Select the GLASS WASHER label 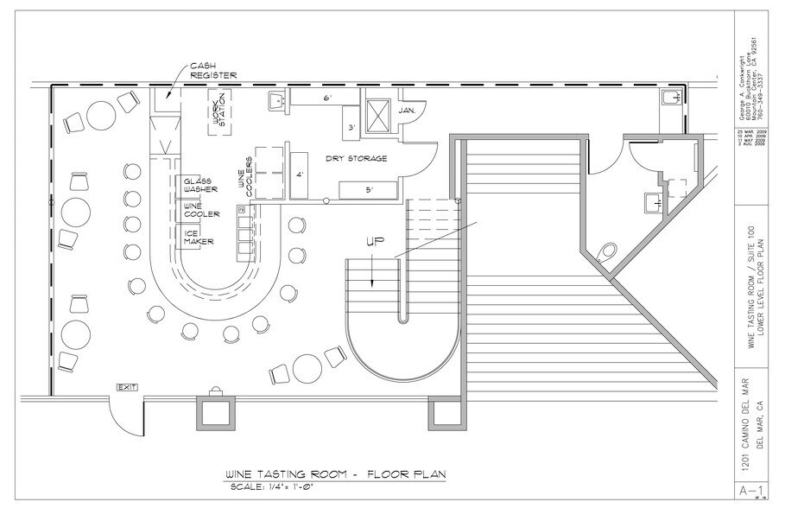pyautogui.click(x=199, y=185)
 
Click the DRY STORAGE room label pyautogui.click(x=355, y=159)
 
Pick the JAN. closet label pyautogui.click(x=408, y=111)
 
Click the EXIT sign pyautogui.click(x=129, y=387)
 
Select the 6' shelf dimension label pyautogui.click(x=327, y=99)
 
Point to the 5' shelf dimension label pyautogui.click(x=367, y=189)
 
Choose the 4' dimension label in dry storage pyautogui.click(x=300, y=175)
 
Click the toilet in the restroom pyautogui.click(x=607, y=251)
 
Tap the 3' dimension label pyautogui.click(x=351, y=129)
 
